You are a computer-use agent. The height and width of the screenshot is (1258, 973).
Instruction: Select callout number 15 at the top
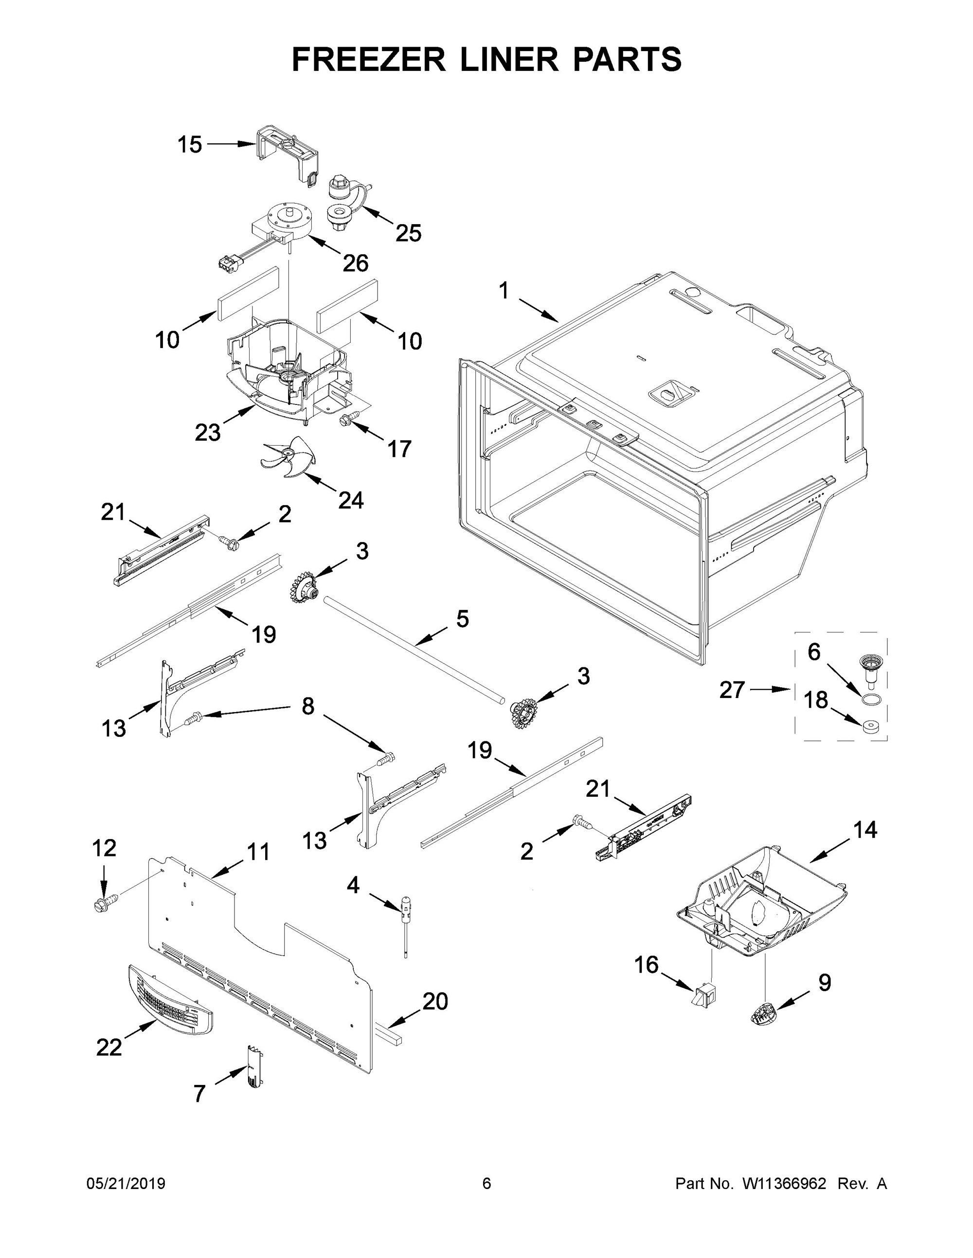tap(189, 144)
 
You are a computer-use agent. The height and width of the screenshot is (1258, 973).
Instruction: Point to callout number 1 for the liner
tap(504, 291)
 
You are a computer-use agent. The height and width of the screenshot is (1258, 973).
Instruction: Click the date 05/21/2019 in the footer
tap(126, 1183)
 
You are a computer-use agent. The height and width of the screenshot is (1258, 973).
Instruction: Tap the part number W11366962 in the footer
tap(784, 1183)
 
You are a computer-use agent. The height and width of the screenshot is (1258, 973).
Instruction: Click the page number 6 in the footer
tap(486, 1183)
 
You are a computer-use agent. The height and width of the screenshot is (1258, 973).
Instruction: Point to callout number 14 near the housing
tap(865, 830)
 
